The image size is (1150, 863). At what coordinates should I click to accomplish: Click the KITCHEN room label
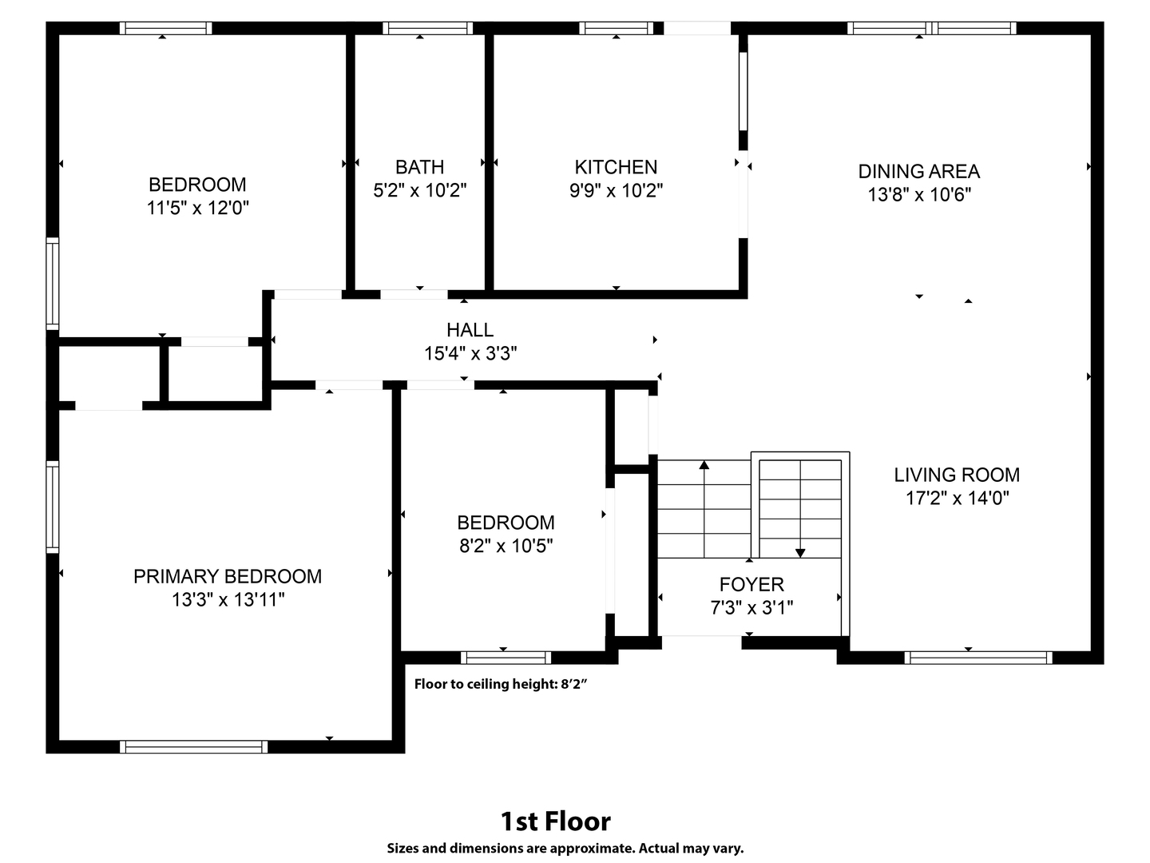(x=616, y=167)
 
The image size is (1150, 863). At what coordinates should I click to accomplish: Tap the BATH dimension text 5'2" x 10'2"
(x=419, y=190)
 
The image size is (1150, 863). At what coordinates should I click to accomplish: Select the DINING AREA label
(x=919, y=171)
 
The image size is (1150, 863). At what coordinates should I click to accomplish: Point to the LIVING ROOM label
(x=957, y=475)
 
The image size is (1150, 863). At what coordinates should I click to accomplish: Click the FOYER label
(x=751, y=584)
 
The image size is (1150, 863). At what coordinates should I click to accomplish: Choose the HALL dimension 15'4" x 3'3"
(x=470, y=354)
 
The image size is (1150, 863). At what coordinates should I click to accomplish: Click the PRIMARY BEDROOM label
(x=228, y=576)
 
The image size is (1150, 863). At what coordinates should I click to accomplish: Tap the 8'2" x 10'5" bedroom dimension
(x=506, y=546)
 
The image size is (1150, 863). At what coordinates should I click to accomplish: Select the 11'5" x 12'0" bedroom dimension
(x=197, y=208)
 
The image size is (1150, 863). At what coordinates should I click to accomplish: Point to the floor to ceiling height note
(x=501, y=684)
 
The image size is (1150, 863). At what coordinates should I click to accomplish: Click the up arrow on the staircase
(x=704, y=509)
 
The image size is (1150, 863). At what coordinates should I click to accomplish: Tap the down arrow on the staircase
(x=800, y=509)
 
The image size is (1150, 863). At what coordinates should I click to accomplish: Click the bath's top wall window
(x=427, y=28)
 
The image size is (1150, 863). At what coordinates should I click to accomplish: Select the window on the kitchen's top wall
(x=616, y=28)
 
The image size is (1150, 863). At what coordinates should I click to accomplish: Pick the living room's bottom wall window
(x=978, y=658)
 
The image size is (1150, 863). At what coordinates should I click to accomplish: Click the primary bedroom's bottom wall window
(x=193, y=746)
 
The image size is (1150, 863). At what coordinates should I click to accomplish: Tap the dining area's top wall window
(x=931, y=28)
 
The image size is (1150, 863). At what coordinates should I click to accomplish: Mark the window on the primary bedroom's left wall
(x=53, y=507)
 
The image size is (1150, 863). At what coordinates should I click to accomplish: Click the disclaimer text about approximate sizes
(x=565, y=849)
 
